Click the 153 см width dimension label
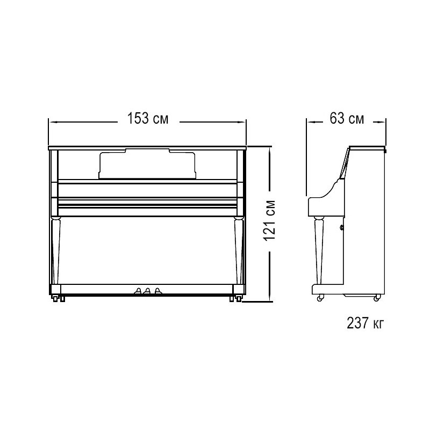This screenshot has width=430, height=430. pyautogui.click(x=147, y=118)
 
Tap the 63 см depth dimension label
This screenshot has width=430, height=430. pyautogui.click(x=347, y=118)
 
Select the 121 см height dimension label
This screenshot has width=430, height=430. pyautogui.click(x=270, y=220)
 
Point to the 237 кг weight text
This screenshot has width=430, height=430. pyautogui.click(x=365, y=323)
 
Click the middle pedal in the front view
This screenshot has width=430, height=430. pyautogui.click(x=147, y=291)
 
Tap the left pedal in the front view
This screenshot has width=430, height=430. pyautogui.click(x=138, y=291)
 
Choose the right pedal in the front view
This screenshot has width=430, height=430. pyautogui.click(x=157, y=291)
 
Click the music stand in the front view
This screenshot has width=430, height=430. pyautogui.click(x=147, y=164)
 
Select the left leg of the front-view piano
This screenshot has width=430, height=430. pyautogui.click(x=55, y=250)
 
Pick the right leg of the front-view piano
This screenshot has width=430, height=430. pyautogui.click(x=239, y=250)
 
